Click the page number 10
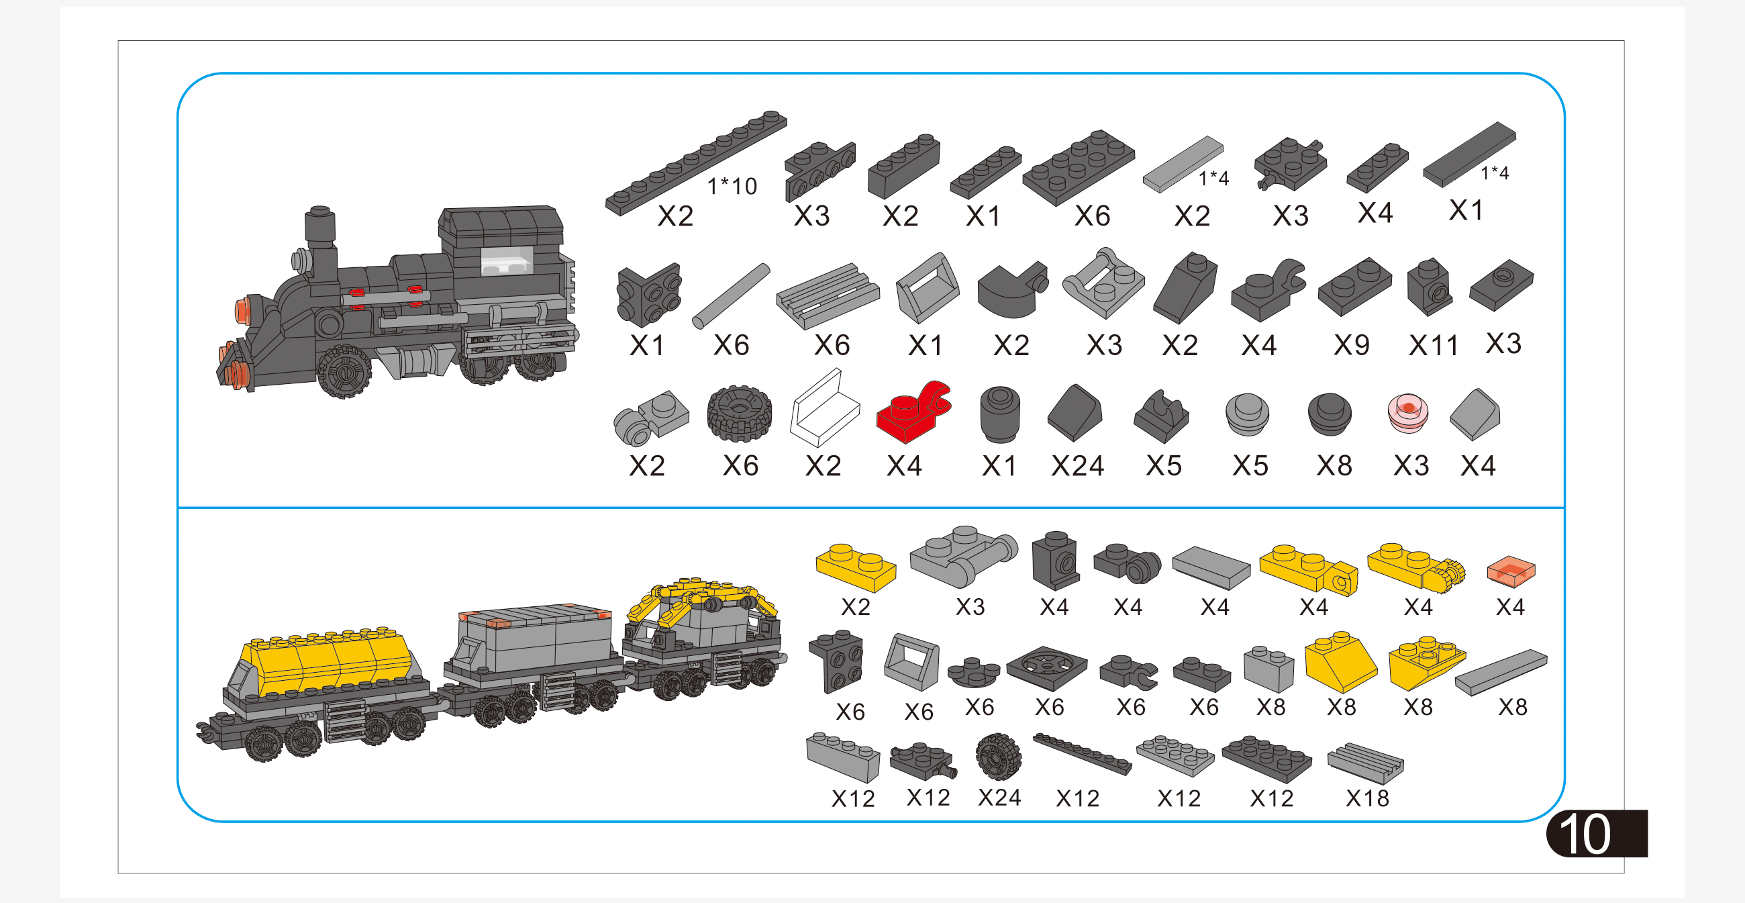pyautogui.click(x=1585, y=833)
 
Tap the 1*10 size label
pyautogui.click(x=732, y=186)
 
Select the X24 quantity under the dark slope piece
pyautogui.click(x=1077, y=466)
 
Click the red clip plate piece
pyautogui.click(x=913, y=411)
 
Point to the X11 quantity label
pyautogui.click(x=1433, y=346)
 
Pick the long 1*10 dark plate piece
pyautogui.click(x=696, y=162)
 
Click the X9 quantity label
pyautogui.click(x=1352, y=346)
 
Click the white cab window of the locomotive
pyautogui.click(x=507, y=260)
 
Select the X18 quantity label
pyautogui.click(x=1367, y=799)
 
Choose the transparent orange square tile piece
pyautogui.click(x=1511, y=571)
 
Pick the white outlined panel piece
pyautogui.click(x=824, y=408)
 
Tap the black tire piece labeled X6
pyautogui.click(x=739, y=414)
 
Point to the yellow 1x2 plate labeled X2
pyautogui.click(x=856, y=568)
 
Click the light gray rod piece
pyautogui.click(x=731, y=296)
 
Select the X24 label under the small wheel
pyautogui.click(x=999, y=798)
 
